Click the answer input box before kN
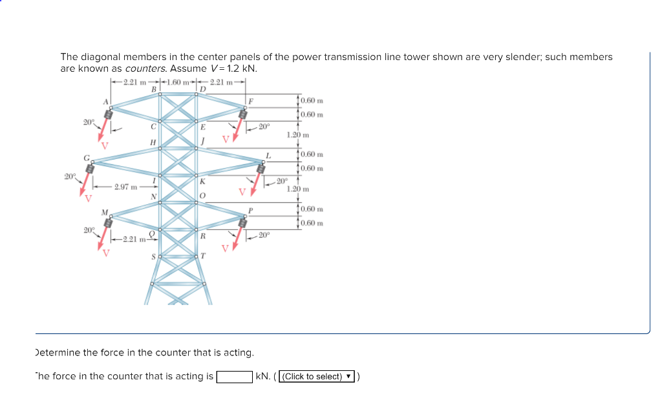point(234,377)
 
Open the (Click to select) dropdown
point(317,377)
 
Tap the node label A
point(105,101)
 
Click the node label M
point(104,211)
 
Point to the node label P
point(250,210)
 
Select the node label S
point(153,257)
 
